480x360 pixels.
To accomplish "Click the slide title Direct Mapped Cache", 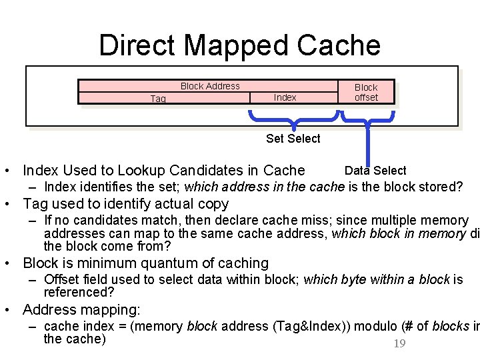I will (239, 45).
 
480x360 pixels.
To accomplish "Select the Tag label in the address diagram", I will (158, 99).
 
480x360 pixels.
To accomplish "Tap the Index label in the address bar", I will (285, 97).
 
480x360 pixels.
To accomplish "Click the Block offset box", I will (366, 92).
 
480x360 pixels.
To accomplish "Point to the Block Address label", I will (210, 86).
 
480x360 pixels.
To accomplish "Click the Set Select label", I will (293, 139).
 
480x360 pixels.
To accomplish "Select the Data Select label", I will (375, 171).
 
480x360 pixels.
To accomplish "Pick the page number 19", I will (399, 343).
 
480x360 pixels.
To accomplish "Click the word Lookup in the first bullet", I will (123, 171).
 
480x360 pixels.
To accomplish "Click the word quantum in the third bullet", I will (167, 263).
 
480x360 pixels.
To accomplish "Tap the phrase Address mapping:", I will (81, 310).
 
